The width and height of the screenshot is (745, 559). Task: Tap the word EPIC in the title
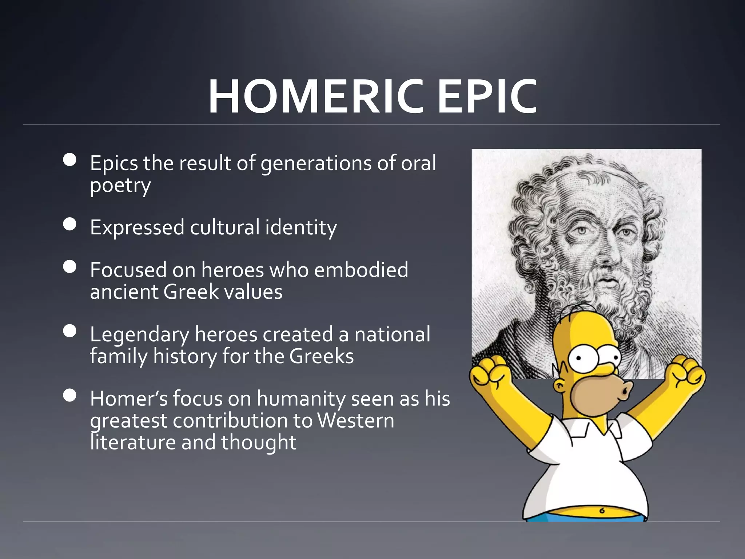487,97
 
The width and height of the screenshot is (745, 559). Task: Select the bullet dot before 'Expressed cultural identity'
69,225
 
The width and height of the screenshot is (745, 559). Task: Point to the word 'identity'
301,227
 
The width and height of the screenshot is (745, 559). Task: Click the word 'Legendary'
139,335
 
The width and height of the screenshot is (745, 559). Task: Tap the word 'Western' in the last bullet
355,421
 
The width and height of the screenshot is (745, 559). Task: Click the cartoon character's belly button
602,510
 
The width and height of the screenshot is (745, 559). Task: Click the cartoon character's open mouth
625,392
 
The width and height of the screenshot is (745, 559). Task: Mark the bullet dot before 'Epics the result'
69,160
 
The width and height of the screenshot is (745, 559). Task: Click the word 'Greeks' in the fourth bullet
322,356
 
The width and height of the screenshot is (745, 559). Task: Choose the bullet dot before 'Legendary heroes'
69,331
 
